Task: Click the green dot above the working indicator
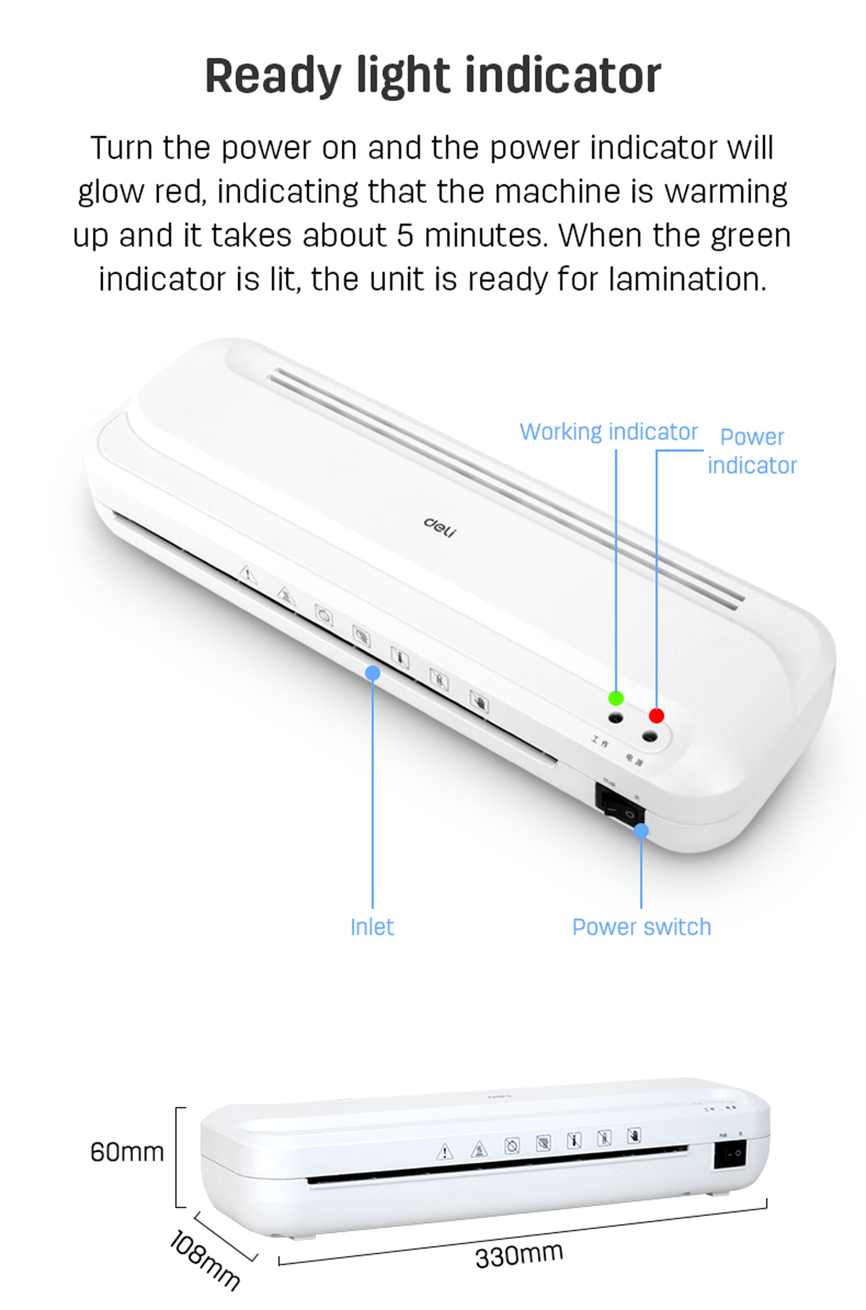[615, 698]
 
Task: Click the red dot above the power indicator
[656, 715]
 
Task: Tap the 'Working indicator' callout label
[609, 432]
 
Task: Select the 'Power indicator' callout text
[752, 451]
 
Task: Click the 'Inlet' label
[372, 927]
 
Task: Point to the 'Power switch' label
[641, 927]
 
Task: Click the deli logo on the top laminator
[440, 526]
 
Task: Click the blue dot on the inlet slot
[373, 673]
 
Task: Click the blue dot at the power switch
[641, 831]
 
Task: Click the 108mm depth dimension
[204, 1259]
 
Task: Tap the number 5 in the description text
[405, 236]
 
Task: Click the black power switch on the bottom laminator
[730, 1154]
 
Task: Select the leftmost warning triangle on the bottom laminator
[444, 1152]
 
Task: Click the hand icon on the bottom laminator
[634, 1136]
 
